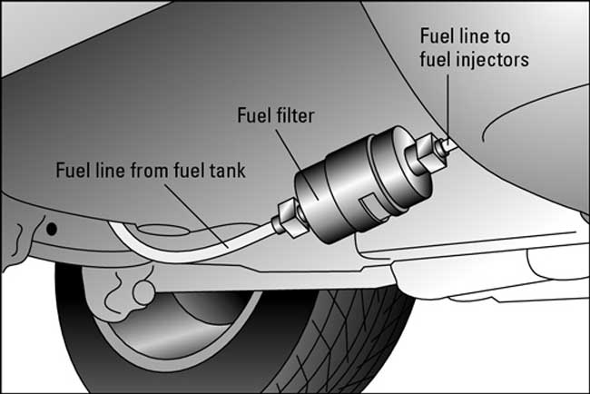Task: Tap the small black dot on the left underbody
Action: click(52, 227)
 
